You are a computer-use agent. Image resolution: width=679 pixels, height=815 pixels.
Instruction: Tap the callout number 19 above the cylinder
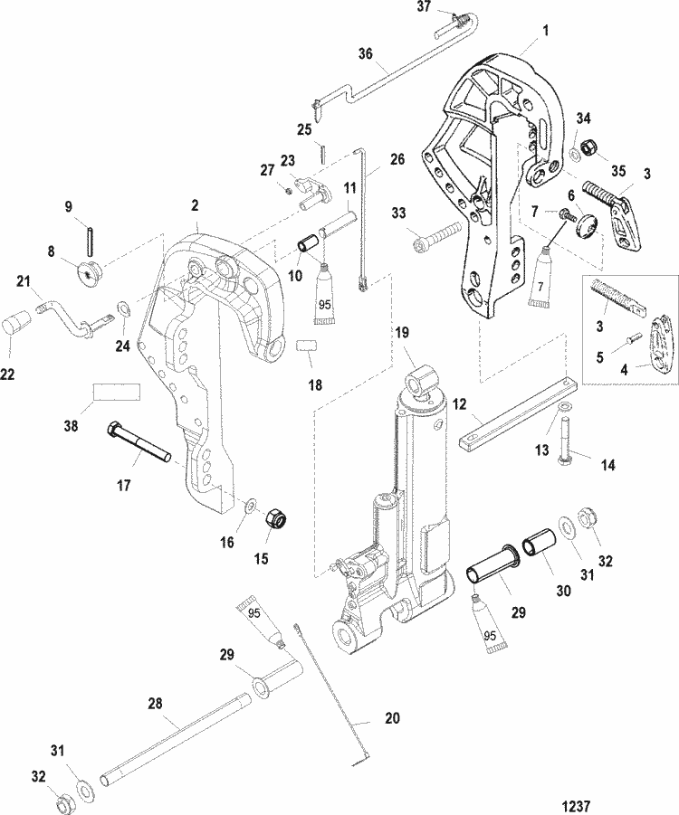click(x=400, y=334)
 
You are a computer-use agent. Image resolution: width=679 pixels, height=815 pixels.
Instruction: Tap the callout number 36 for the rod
click(x=366, y=54)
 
